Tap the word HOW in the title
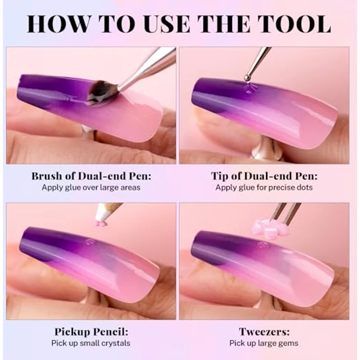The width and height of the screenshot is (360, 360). [x=58, y=24]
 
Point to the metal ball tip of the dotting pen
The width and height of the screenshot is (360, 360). [x=247, y=78]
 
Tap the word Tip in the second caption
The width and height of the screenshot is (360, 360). [x=221, y=176]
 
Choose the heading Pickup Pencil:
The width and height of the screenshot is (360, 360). [x=91, y=332]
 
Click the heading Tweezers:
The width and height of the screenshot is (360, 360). [x=264, y=332]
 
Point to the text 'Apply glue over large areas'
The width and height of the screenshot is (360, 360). [x=91, y=187]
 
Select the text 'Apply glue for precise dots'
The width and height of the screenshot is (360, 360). [x=264, y=187]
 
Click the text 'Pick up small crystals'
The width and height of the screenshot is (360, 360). [x=91, y=343]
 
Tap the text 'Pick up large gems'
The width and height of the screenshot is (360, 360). [x=264, y=343]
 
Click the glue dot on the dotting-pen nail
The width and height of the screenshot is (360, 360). [x=248, y=89]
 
